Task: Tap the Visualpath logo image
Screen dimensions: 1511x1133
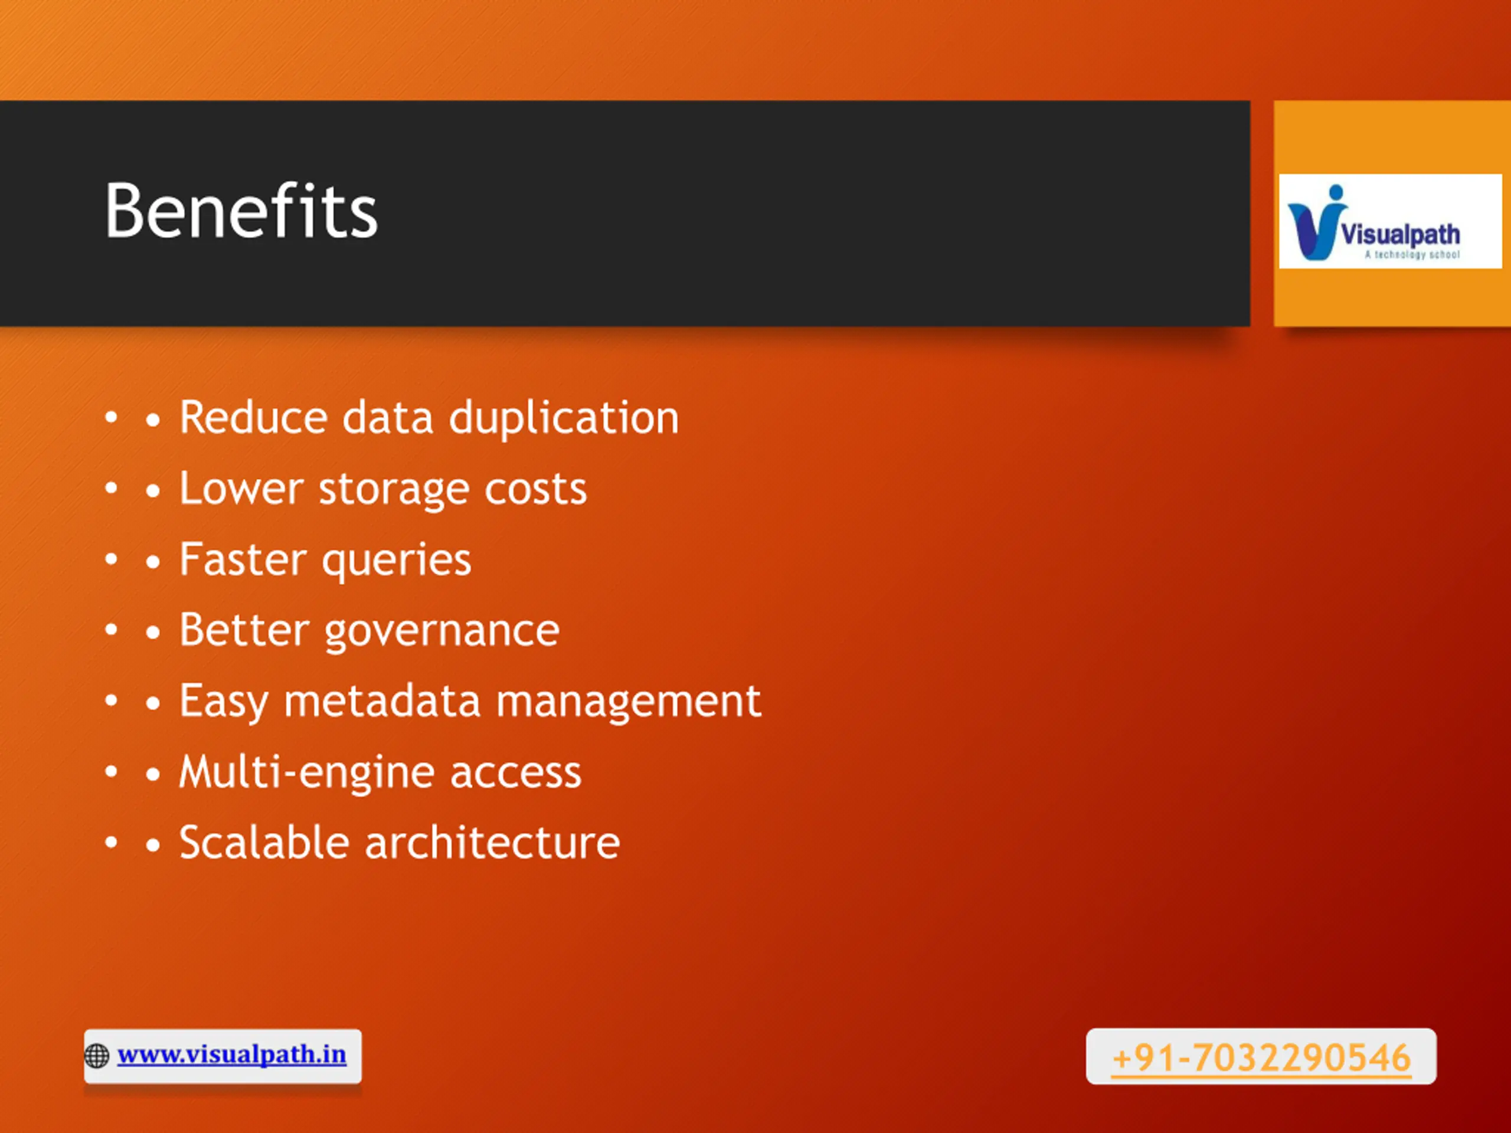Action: pyautogui.click(x=1390, y=221)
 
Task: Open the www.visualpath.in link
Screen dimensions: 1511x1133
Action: pyautogui.click(x=231, y=1055)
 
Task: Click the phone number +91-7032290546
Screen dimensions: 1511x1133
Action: pyautogui.click(x=1261, y=1058)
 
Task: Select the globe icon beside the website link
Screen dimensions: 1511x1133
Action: pyautogui.click(x=96, y=1056)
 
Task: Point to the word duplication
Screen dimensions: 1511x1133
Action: pyautogui.click(x=564, y=418)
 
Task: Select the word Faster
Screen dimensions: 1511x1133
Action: pyautogui.click(x=243, y=559)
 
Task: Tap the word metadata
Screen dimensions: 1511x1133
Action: pyautogui.click(x=382, y=702)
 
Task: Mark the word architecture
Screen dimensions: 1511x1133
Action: pyautogui.click(x=492, y=843)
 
